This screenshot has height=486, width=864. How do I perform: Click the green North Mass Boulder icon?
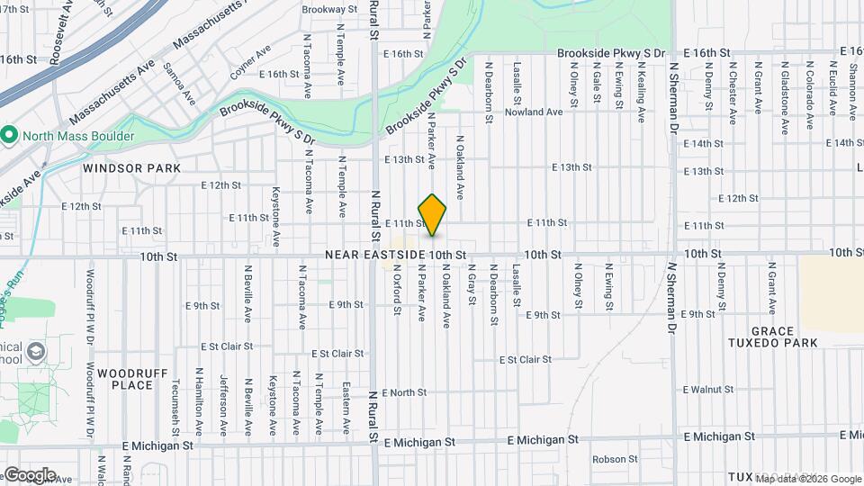click(9, 137)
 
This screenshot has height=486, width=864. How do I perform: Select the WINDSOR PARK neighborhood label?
click(132, 168)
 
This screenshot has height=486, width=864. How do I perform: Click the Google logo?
click(29, 474)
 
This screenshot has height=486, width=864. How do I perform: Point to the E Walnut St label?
click(709, 390)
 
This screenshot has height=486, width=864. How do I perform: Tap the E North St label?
click(403, 392)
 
